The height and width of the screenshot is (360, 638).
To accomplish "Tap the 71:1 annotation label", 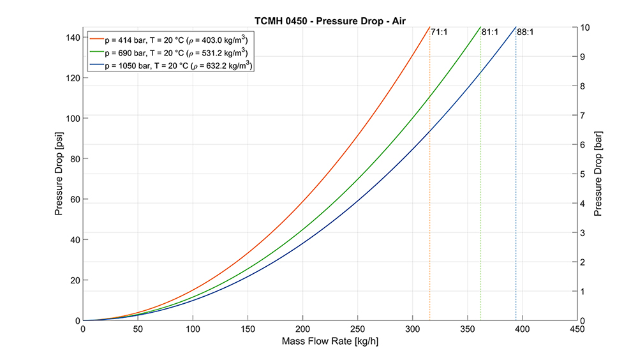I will click(439, 32).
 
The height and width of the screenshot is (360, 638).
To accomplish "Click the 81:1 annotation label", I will click(490, 32).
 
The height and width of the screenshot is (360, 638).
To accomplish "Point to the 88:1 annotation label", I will click(526, 32).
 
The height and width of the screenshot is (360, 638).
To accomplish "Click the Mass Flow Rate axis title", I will click(330, 341).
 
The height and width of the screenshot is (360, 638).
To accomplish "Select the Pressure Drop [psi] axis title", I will click(59, 174).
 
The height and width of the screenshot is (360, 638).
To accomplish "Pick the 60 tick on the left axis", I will click(73, 199).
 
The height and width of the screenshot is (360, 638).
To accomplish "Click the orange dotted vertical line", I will click(430, 191).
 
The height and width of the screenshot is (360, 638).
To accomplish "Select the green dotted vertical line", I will click(480, 191).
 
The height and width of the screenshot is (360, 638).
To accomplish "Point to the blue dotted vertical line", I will click(516, 191).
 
